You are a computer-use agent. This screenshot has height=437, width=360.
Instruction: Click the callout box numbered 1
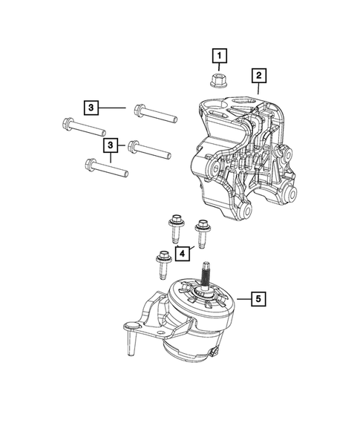(x=219, y=55)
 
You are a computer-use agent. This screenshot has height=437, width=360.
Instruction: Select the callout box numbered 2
(x=258, y=75)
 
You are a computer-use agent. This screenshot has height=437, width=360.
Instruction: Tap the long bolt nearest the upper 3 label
(x=154, y=114)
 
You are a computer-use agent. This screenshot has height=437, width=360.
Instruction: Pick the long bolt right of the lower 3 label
(x=148, y=149)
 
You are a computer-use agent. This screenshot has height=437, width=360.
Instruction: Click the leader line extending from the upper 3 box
(x=114, y=108)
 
